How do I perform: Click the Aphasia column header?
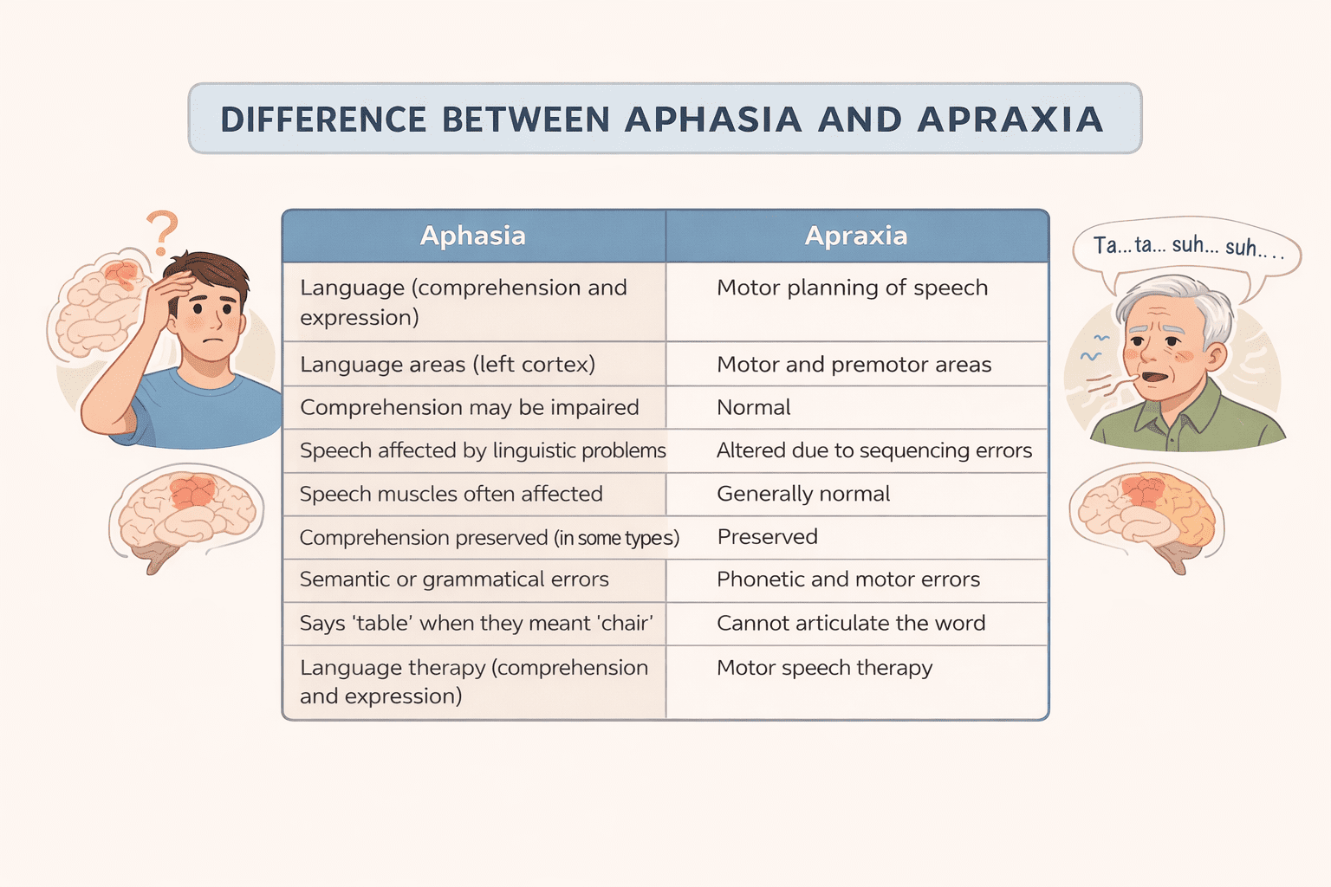click(x=473, y=236)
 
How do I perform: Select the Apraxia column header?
click(x=856, y=236)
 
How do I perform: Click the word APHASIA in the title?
click(x=712, y=120)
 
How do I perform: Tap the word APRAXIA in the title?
click(x=1010, y=120)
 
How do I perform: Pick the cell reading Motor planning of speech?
click(x=852, y=288)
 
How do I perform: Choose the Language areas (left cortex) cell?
click(x=447, y=365)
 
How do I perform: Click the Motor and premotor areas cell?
click(x=854, y=365)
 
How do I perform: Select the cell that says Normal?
click(x=754, y=407)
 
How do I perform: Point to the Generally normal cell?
click(x=803, y=494)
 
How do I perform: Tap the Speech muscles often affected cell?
click(x=451, y=494)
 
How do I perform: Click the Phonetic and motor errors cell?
click(x=848, y=579)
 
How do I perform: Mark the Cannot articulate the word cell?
click(x=851, y=623)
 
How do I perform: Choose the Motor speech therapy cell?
click(x=824, y=668)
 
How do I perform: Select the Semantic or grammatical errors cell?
click(x=454, y=579)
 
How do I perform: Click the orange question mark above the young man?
click(x=162, y=231)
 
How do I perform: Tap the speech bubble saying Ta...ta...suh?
click(x=1185, y=248)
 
